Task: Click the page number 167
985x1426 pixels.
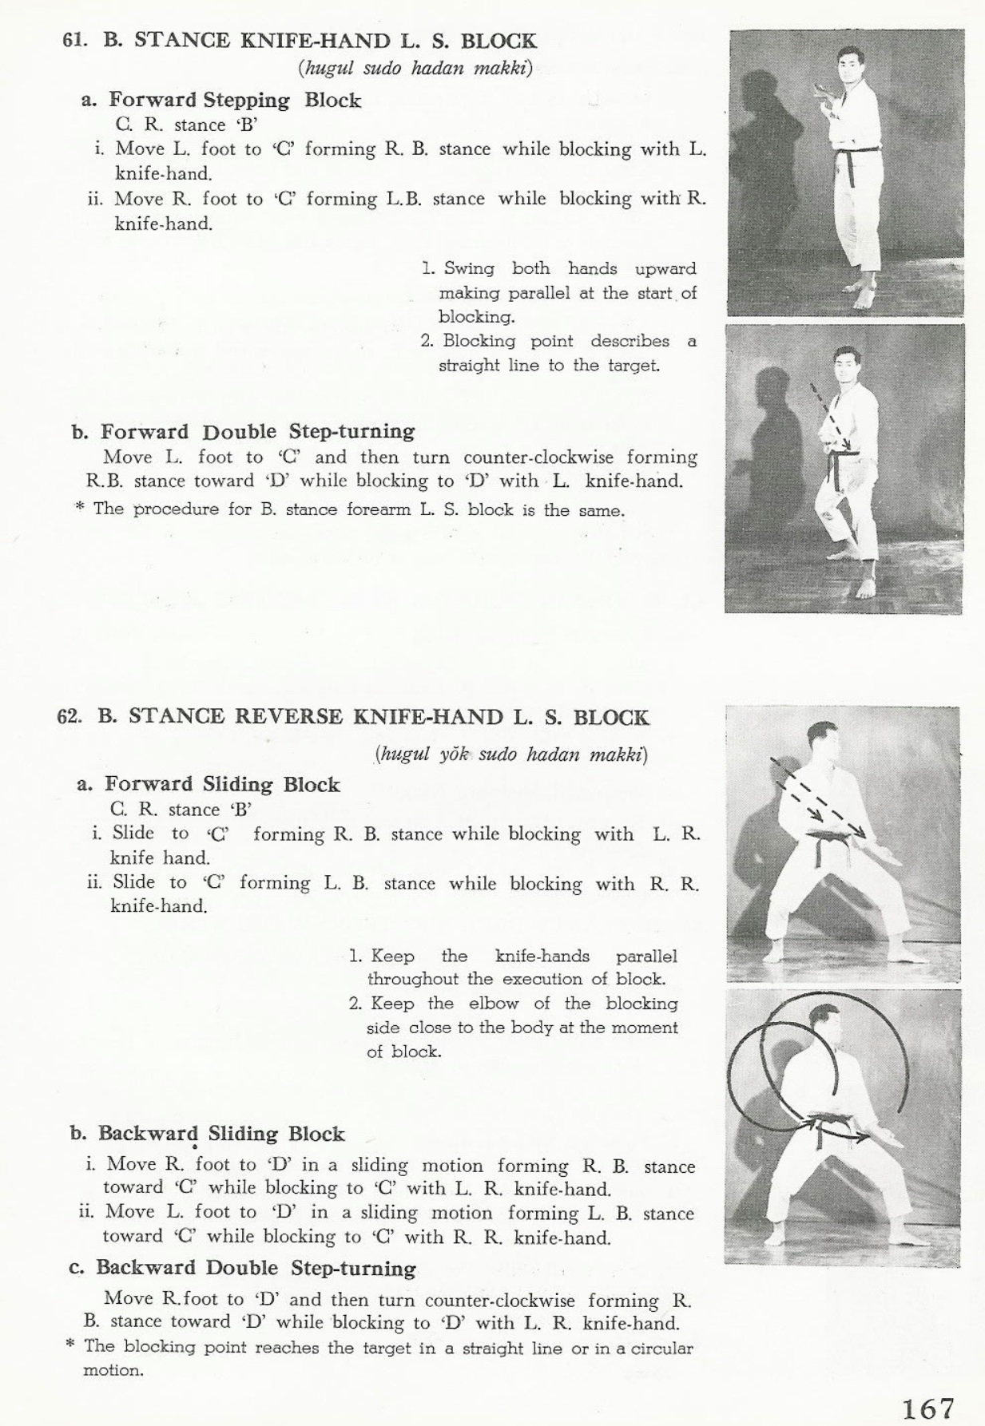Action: point(929,1407)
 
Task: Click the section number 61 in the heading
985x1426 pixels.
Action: point(74,42)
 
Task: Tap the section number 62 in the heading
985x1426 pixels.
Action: point(70,716)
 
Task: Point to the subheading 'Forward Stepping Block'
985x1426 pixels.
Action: point(235,101)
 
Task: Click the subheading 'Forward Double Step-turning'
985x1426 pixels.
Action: point(257,432)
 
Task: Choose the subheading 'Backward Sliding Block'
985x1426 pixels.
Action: point(221,1134)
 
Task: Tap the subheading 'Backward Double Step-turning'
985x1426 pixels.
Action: point(256,1268)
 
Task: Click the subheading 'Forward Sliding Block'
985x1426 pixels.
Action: point(222,785)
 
